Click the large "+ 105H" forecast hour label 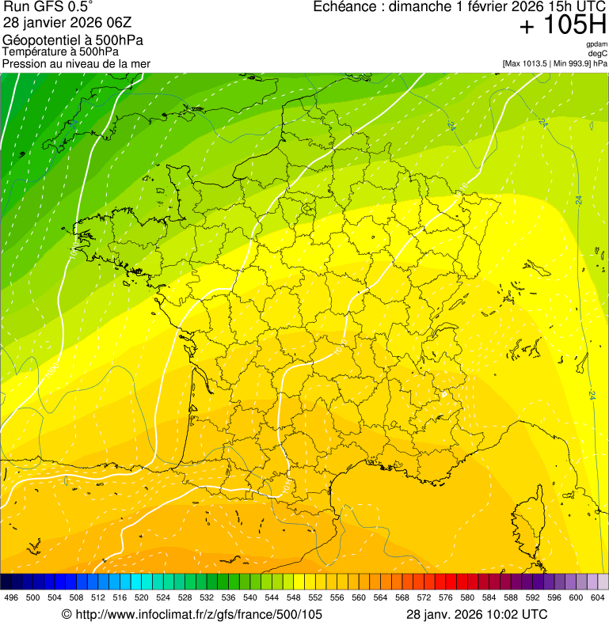pos(562,26)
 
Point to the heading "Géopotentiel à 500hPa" pos(73,40)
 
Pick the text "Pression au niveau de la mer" pos(76,63)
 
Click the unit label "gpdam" pos(596,44)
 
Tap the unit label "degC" pos(599,53)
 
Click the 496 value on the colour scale pos(11,597)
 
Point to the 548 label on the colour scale pos(293,597)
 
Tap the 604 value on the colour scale pos(597,597)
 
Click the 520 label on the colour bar pos(141,597)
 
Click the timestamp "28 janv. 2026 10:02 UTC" pos(476,614)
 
